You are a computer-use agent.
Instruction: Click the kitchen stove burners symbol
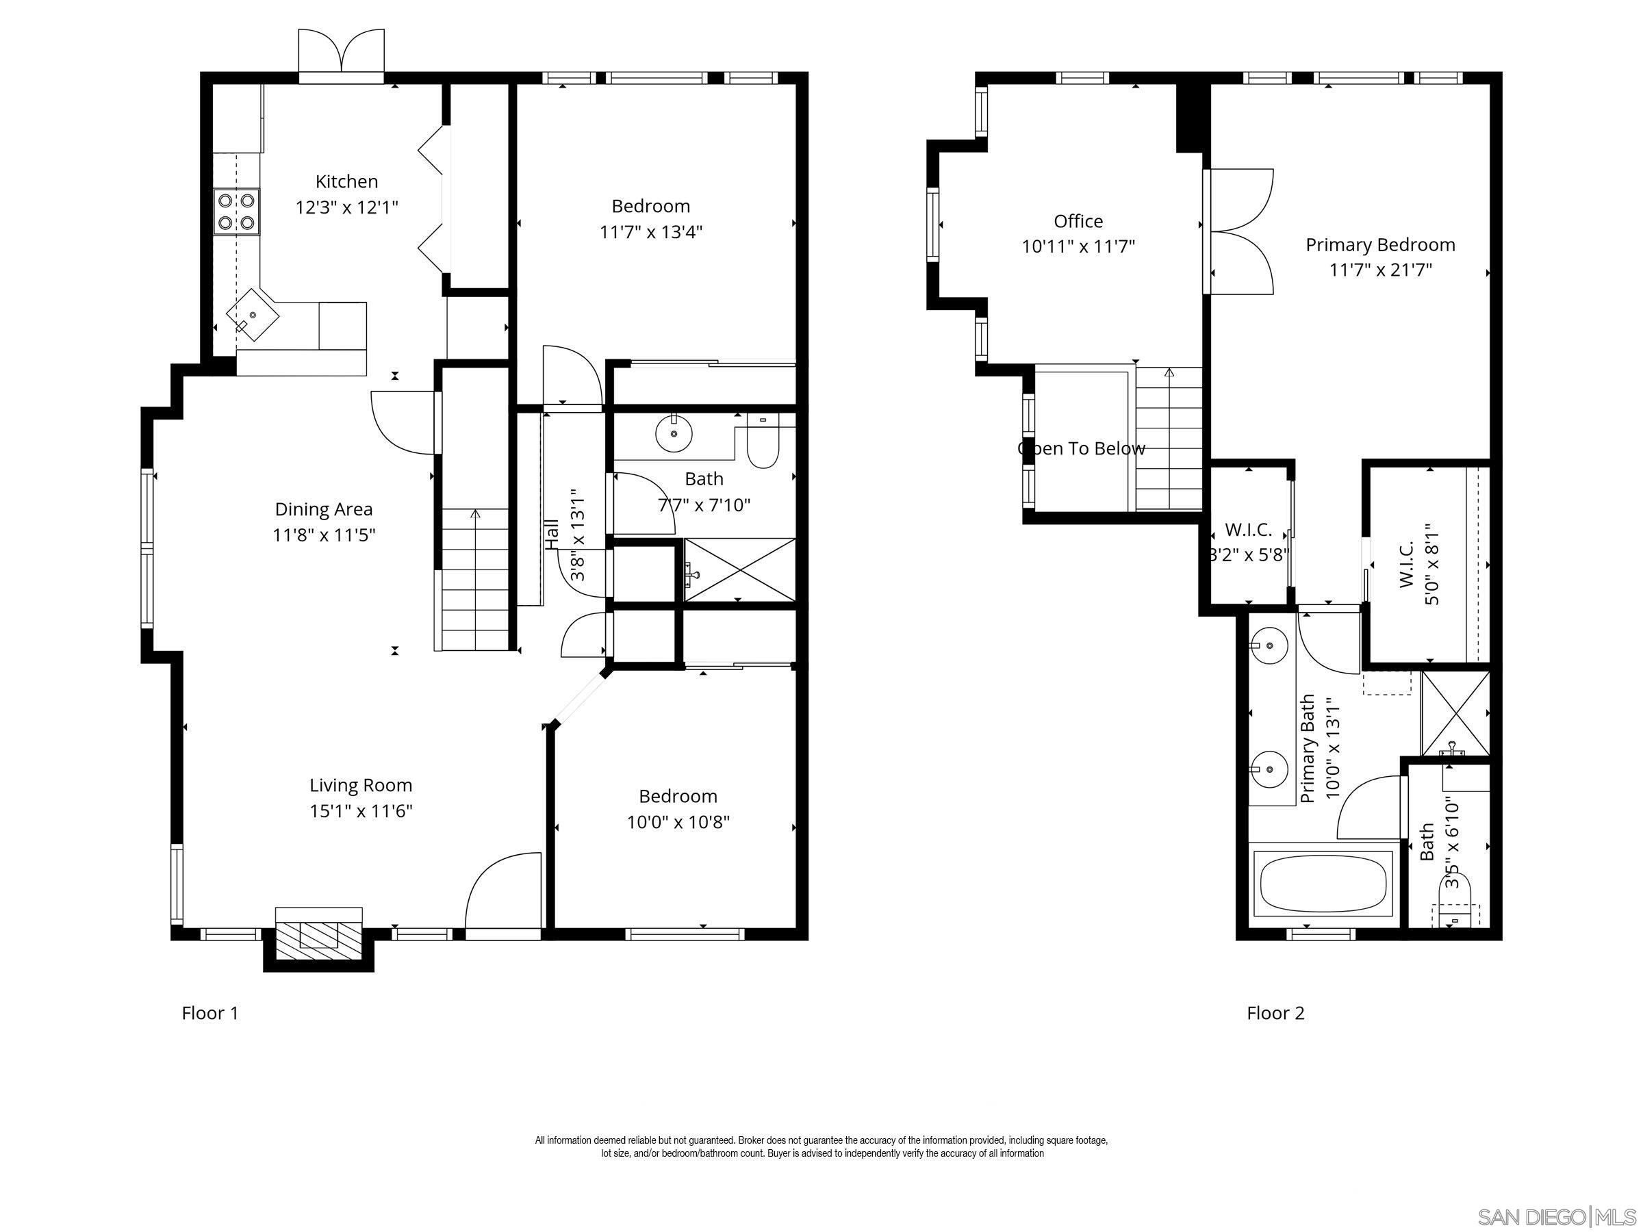point(237,211)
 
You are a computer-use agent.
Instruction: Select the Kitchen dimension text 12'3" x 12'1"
point(347,207)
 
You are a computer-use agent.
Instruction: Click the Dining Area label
point(323,509)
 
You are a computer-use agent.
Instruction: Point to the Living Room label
point(360,785)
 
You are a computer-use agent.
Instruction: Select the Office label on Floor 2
point(1078,221)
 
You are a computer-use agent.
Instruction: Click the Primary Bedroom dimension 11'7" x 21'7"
point(1380,270)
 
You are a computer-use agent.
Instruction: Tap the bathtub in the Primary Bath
point(1323,884)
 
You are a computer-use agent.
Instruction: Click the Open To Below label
point(1081,448)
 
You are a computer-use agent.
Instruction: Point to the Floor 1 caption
point(210,1013)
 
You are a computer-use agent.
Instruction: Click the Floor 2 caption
point(1275,1013)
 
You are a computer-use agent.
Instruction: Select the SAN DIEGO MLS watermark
point(1556,1216)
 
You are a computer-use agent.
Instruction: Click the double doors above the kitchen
point(342,53)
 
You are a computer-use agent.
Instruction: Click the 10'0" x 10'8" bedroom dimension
point(678,822)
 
